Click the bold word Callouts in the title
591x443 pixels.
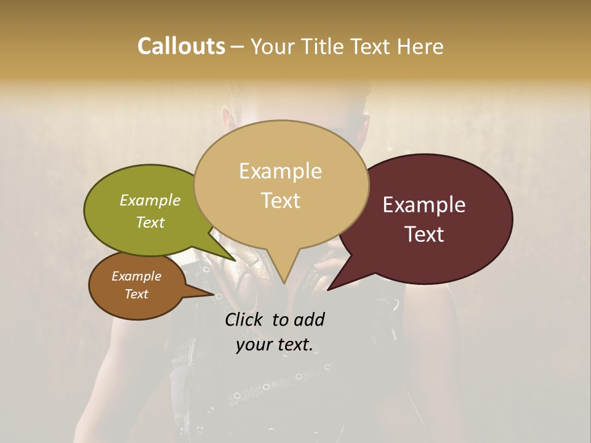(x=181, y=46)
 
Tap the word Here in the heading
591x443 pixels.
(x=419, y=46)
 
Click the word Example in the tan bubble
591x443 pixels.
(x=280, y=171)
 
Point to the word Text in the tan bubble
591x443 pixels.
(x=280, y=201)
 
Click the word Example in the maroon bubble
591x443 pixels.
(x=424, y=205)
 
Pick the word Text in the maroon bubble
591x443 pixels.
(x=424, y=234)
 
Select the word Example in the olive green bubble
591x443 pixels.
(x=150, y=201)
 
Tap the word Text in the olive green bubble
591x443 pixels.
(x=150, y=223)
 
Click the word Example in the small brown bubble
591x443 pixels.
(x=136, y=276)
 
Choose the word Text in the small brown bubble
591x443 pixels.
(x=136, y=294)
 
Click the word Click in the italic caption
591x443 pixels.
(x=245, y=319)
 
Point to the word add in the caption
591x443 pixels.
(x=309, y=319)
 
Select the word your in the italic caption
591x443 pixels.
(x=255, y=345)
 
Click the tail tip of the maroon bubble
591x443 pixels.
(x=328, y=290)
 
